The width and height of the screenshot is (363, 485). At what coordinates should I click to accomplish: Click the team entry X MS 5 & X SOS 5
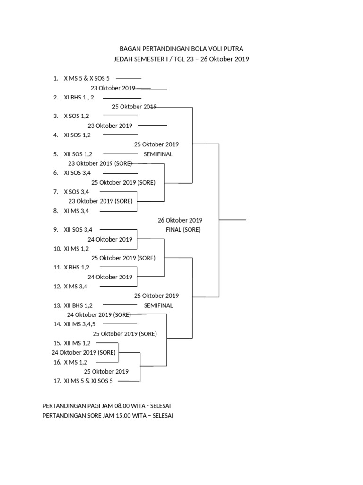tap(87, 78)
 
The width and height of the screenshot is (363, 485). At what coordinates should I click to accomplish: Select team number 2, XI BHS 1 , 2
tap(79, 98)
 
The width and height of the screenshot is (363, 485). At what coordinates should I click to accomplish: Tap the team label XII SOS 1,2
tap(78, 154)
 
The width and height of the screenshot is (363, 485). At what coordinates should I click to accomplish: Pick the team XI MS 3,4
tap(76, 211)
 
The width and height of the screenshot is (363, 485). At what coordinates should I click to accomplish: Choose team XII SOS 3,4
tap(78, 230)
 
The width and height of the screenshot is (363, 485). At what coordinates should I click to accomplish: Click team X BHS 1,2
tap(77, 268)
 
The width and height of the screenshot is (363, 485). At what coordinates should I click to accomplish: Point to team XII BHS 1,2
tap(78, 305)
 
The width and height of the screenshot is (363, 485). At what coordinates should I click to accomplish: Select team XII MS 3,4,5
tap(79, 324)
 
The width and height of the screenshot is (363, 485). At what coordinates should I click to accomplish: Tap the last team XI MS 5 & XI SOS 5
tap(88, 381)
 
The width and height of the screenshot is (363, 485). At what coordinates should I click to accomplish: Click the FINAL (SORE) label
tap(183, 230)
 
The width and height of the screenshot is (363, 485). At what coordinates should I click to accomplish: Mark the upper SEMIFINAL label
tap(158, 154)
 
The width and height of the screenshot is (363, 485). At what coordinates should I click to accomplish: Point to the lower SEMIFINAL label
tap(158, 305)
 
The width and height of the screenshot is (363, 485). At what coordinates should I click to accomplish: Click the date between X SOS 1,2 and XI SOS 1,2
tap(110, 126)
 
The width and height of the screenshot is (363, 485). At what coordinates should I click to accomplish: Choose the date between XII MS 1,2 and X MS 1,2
tap(84, 352)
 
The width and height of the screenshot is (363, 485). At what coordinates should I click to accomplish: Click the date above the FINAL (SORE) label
tap(180, 220)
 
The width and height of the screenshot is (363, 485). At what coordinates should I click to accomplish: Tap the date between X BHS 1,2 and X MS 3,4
tap(110, 277)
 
